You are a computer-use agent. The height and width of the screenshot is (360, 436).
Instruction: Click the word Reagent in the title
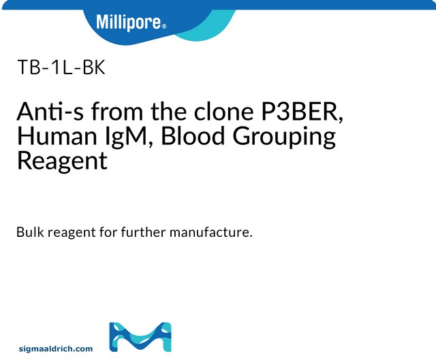pos(62,162)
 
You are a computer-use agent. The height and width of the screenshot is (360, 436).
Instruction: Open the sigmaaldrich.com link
pos(55,349)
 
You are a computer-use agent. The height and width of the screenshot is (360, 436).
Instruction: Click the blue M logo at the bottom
pos(140,338)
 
